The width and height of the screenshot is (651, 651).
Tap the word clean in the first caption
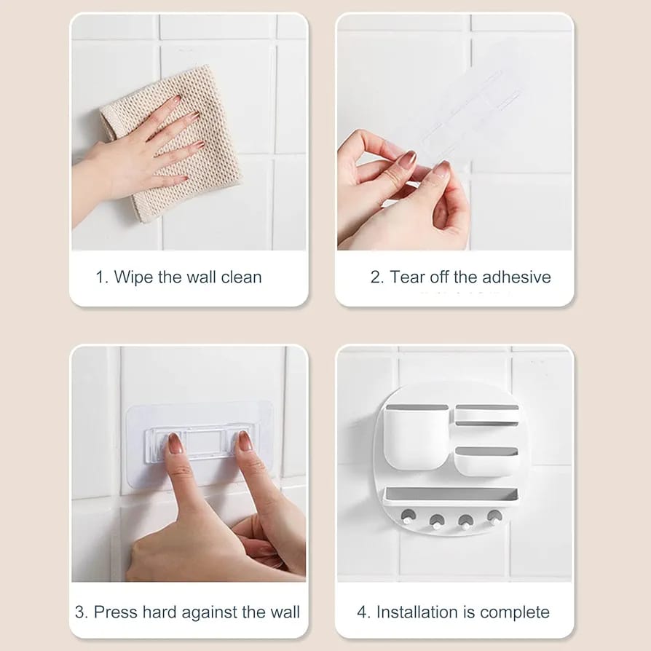(241, 277)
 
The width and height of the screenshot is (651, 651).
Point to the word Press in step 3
(116, 612)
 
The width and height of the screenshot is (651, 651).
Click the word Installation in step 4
(417, 612)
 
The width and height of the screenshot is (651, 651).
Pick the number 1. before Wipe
(102, 277)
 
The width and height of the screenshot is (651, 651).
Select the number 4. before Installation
(363, 612)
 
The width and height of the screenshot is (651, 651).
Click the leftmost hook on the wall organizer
(408, 517)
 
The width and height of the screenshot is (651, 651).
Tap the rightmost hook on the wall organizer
(494, 518)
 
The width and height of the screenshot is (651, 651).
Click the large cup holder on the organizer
(415, 437)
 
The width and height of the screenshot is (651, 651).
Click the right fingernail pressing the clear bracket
(245, 441)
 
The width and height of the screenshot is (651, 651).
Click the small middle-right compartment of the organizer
(486, 460)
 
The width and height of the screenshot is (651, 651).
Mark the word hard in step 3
(159, 612)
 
